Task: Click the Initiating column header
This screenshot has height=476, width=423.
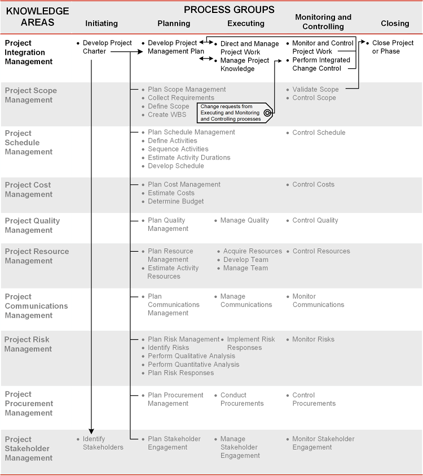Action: pos(102,24)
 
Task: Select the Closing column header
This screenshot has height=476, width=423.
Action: pos(395,24)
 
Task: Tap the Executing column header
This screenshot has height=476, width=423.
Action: pos(246,24)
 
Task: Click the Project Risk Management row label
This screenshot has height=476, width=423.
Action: pos(28,344)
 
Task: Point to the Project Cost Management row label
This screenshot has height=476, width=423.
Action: pos(28,189)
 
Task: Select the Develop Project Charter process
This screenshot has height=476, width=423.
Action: pos(107,47)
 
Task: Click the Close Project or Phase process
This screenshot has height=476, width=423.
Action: pos(393,47)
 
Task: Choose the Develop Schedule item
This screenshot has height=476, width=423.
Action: pos(176,166)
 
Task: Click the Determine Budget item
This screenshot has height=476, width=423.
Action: pos(176,202)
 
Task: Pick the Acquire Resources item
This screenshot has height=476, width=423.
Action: pos(252,251)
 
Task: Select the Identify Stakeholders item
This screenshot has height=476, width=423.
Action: pos(103,443)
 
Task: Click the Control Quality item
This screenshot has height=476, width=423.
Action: pos(315,221)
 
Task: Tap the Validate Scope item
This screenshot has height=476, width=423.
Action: pos(315,90)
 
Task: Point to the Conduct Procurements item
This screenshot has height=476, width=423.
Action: pos(242,399)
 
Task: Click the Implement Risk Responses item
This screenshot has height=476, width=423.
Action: pos(251,344)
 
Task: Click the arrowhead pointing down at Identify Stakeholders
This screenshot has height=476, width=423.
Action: pos(91,431)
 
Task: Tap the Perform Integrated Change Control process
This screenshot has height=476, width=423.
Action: pos(321,64)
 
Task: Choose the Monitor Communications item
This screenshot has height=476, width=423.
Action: pos(318,301)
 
